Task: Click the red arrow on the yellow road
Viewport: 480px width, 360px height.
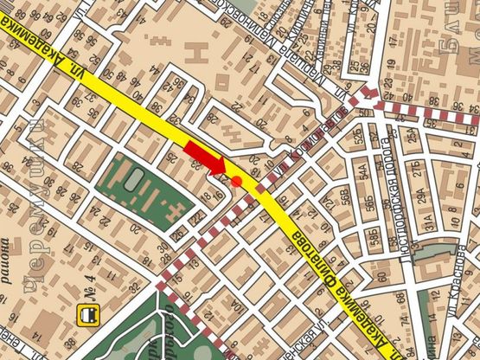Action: pyautogui.click(x=203, y=158)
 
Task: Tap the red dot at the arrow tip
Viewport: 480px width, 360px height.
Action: pyautogui.click(x=235, y=180)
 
